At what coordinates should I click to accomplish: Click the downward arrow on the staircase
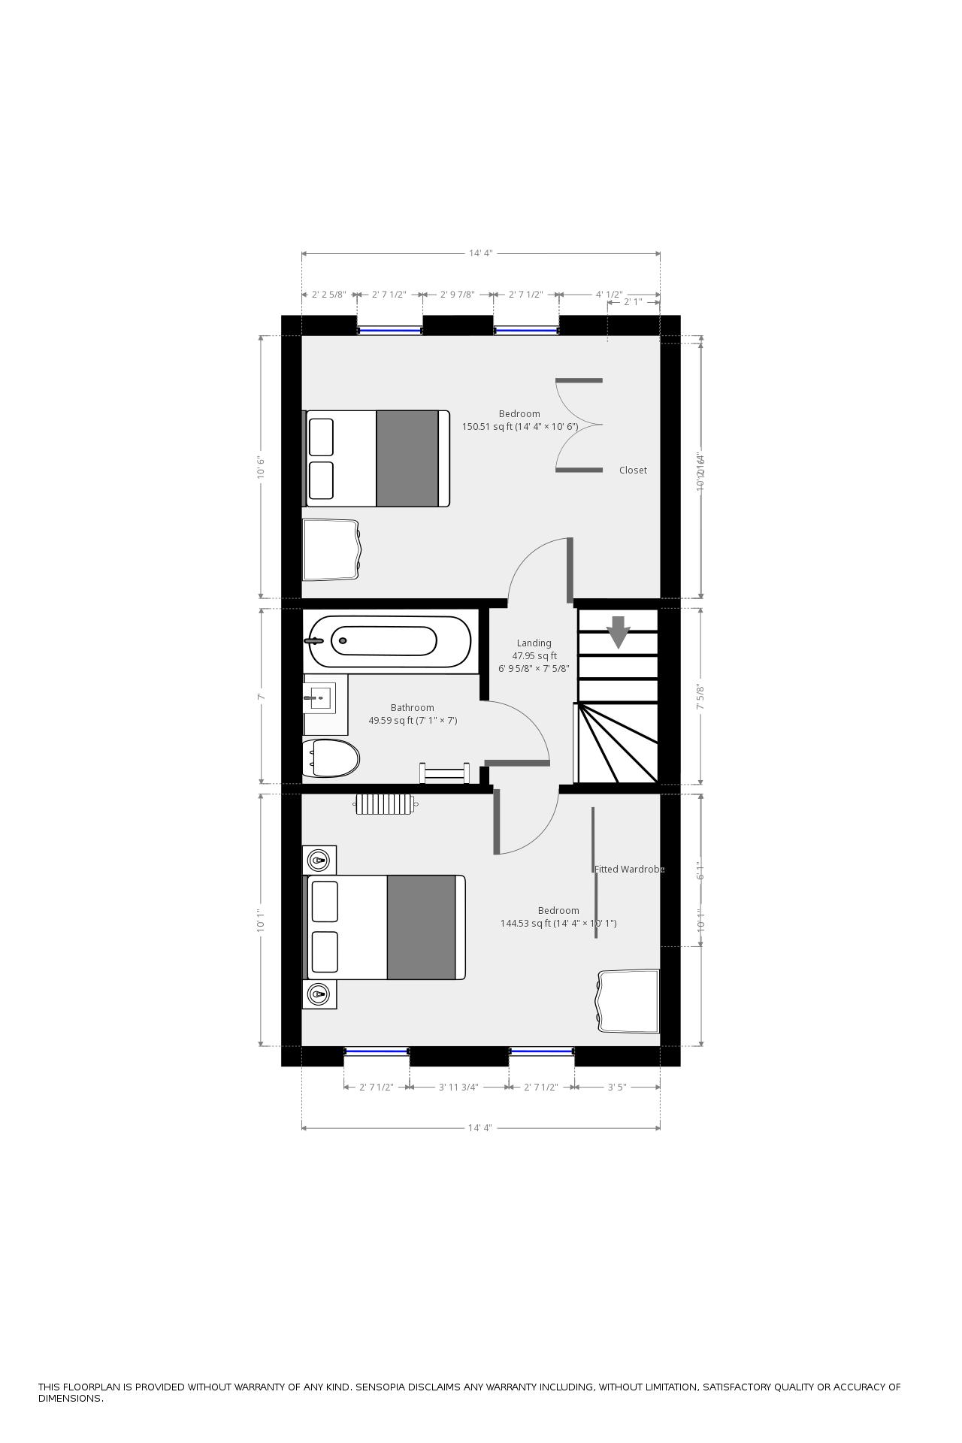[x=618, y=631]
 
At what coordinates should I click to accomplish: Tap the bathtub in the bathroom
[x=390, y=641]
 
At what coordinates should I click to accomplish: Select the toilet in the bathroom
[x=331, y=758]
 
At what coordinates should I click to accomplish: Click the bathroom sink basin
[x=319, y=697]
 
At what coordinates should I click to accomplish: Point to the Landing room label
[x=534, y=643]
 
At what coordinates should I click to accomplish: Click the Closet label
[x=633, y=470]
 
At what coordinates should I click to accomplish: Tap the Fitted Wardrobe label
[x=629, y=870]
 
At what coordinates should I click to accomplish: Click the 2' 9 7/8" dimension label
[x=457, y=295]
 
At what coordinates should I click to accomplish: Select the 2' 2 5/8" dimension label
[x=328, y=295]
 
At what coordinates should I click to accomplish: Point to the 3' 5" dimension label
[x=617, y=1087]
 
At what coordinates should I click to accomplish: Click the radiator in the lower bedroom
[x=386, y=804]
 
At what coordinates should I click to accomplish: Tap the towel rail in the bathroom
[x=445, y=773]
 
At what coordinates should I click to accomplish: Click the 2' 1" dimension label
[x=633, y=302]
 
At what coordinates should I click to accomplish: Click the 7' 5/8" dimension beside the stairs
[x=701, y=697]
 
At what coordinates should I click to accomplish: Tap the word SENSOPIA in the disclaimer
[x=384, y=1387]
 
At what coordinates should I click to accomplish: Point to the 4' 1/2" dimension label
[x=609, y=295]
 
